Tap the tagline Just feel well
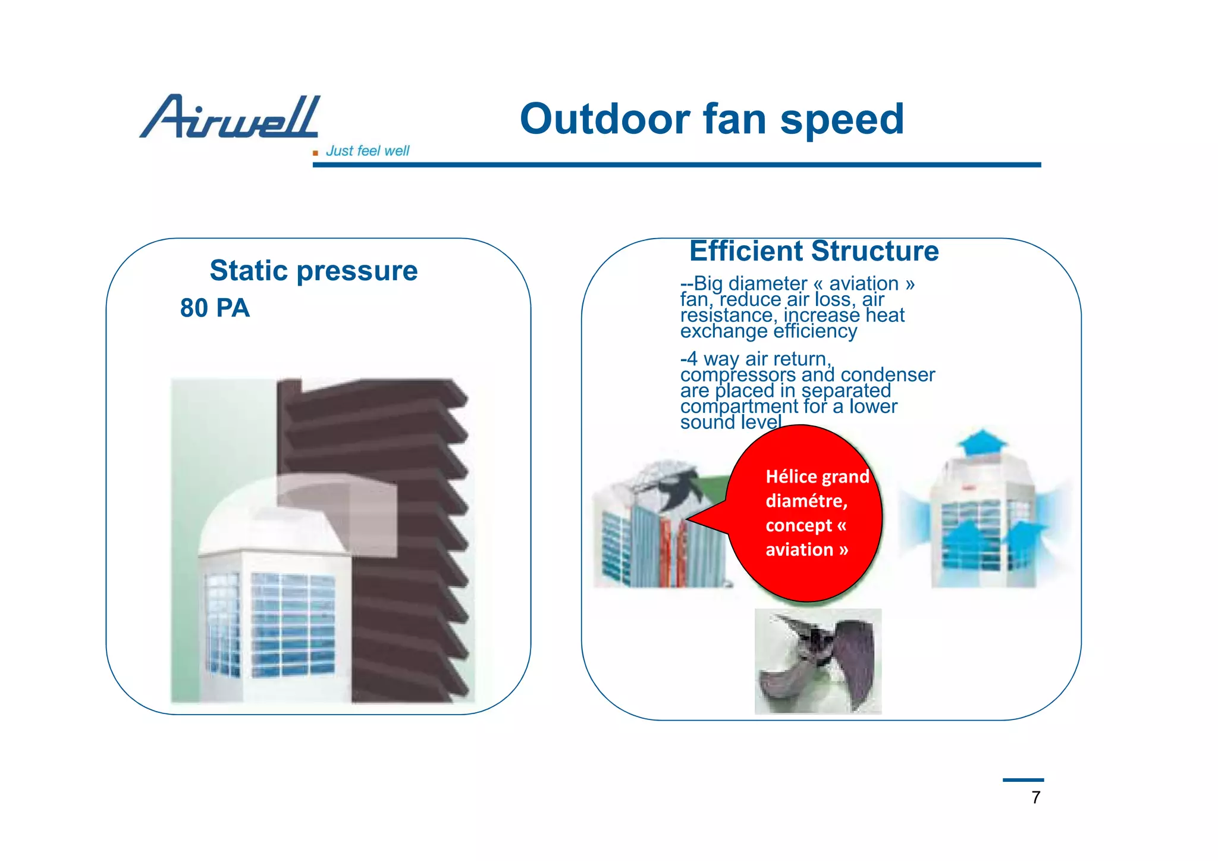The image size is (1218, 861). click(367, 151)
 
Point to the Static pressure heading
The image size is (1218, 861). click(313, 271)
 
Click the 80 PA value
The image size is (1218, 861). click(215, 308)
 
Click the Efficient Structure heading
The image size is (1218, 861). click(814, 251)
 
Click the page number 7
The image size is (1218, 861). click(1035, 797)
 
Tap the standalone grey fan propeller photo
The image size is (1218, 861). click(818, 661)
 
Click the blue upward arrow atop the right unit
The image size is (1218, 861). click(982, 442)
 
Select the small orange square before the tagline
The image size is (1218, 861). click(315, 154)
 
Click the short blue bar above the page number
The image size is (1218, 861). click(1023, 779)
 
